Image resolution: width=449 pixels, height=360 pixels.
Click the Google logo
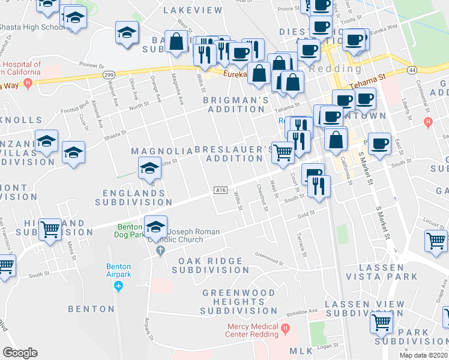pyautogui.click(x=20, y=353)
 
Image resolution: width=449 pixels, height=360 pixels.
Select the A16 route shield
pyautogui.click(x=220, y=190)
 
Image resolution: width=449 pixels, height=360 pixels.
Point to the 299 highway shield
pyautogui.click(x=109, y=74)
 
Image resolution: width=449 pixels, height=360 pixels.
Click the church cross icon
pyautogui.click(x=160, y=250)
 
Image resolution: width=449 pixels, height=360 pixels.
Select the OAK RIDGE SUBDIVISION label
pyautogui.click(x=210, y=266)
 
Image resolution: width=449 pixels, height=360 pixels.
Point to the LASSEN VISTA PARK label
pyautogui.click(x=388, y=271)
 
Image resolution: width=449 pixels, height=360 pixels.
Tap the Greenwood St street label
pyautogui.click(x=268, y=257)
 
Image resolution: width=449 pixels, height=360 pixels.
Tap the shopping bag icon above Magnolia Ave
pyautogui.click(x=176, y=42)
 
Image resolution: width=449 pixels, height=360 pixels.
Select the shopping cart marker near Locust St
pyautogui.click(x=436, y=241)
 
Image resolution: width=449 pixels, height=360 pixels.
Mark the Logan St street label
pyautogui.click(x=325, y=346)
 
